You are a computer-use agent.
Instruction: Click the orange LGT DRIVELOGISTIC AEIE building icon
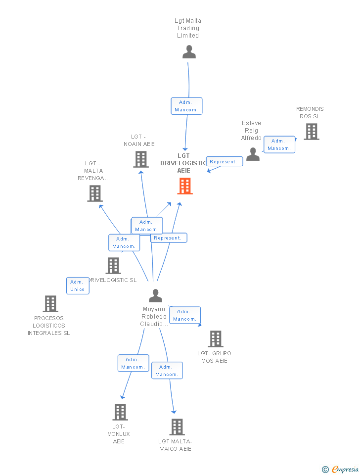click(x=185, y=186)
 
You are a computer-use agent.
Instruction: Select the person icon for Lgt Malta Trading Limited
click(x=189, y=52)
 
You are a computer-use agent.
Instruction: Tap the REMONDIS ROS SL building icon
click(x=311, y=132)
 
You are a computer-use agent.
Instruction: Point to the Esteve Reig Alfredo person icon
click(x=253, y=154)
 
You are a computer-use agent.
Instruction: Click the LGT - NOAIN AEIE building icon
click(x=141, y=159)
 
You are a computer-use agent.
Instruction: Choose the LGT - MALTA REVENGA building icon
click(x=95, y=193)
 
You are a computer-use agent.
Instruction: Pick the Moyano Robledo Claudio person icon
click(x=155, y=296)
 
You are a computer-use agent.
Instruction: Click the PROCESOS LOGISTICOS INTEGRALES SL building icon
click(x=50, y=304)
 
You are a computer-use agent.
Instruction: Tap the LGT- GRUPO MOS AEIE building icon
click(x=215, y=339)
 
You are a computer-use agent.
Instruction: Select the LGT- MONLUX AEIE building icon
click(x=120, y=412)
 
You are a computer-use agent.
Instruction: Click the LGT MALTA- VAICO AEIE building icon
click(x=177, y=427)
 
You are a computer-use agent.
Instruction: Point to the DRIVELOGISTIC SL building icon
click(x=113, y=266)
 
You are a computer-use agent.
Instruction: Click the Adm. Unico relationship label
click(x=78, y=285)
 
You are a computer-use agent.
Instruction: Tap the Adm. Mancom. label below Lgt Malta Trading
click(x=186, y=106)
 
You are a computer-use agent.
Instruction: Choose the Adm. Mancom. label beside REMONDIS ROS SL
click(x=279, y=144)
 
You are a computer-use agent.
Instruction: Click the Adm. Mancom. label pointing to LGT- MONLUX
click(x=133, y=363)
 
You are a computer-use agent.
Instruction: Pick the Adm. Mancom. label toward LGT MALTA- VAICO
click(x=167, y=371)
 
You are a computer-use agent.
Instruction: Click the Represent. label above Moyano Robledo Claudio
click(x=168, y=238)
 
